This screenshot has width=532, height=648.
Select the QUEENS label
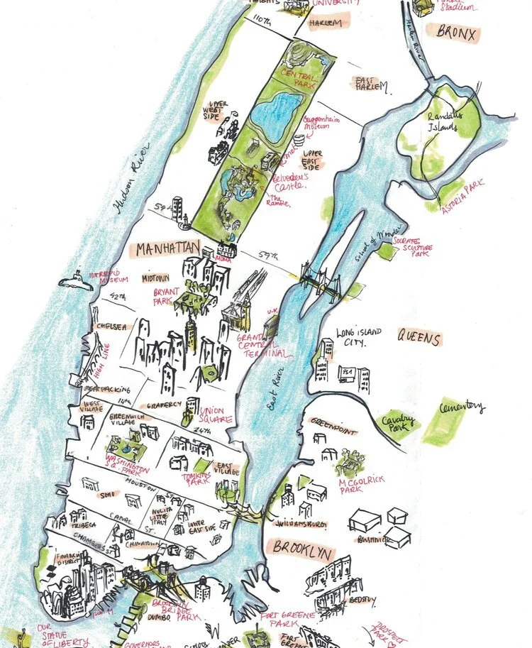[419, 339]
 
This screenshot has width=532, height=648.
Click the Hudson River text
[133, 185]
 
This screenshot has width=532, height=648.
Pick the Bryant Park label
[165, 296]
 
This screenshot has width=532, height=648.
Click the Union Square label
[216, 415]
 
